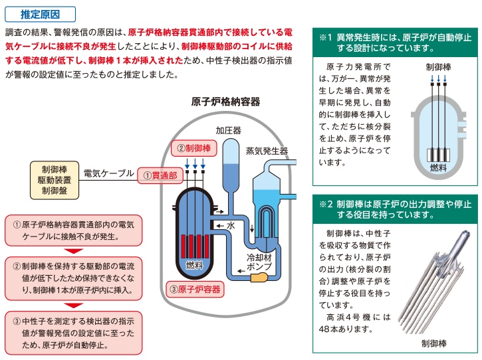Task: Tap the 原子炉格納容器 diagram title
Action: pos(225,102)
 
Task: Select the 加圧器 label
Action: pos(228,130)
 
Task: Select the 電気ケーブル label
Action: pos(108,174)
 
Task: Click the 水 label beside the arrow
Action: pos(231,226)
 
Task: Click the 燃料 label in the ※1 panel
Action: pos(437,167)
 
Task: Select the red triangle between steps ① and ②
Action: pos(74,250)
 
